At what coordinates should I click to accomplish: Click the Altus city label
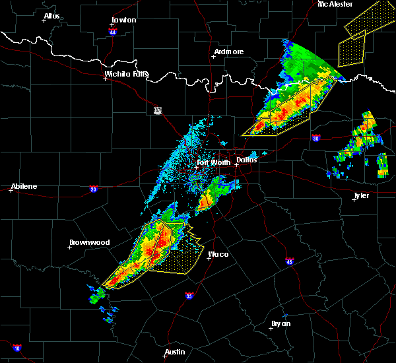(51, 16)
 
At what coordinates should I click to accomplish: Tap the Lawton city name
(123, 20)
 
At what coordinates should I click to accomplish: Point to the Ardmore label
(229, 51)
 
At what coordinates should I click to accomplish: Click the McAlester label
(335, 4)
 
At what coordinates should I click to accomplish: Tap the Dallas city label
(247, 159)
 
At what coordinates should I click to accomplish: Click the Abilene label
(24, 186)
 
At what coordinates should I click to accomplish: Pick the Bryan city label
(281, 323)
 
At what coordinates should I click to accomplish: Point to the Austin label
(174, 352)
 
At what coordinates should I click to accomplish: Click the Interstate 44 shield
(113, 32)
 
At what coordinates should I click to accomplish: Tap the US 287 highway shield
(158, 110)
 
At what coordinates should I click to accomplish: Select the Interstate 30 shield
(315, 138)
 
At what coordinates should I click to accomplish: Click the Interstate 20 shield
(93, 189)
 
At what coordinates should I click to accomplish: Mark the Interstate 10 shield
(16, 348)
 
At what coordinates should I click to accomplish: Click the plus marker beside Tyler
(354, 199)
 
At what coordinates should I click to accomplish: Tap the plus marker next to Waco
(209, 258)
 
